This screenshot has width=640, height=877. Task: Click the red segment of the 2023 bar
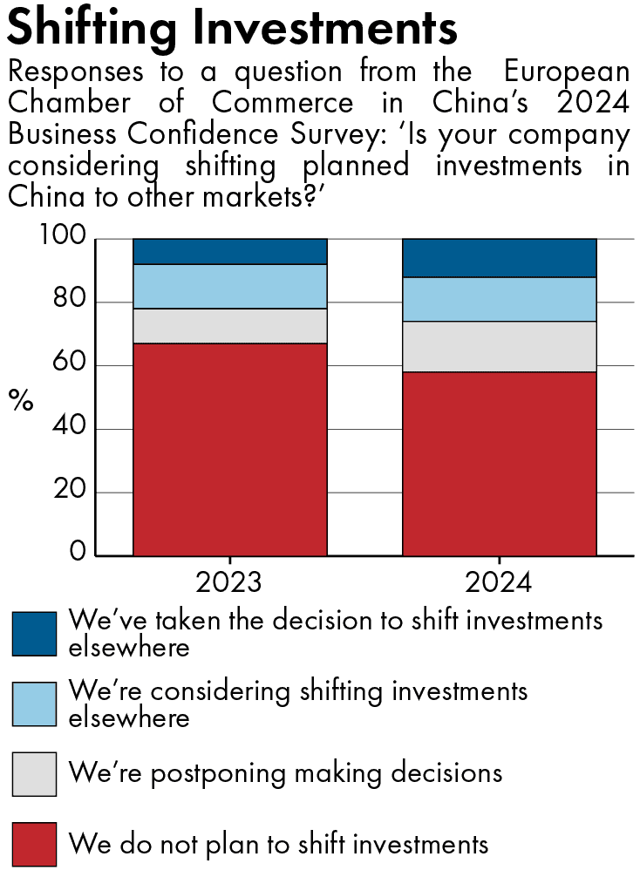(x=229, y=449)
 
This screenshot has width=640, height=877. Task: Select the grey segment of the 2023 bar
(x=229, y=326)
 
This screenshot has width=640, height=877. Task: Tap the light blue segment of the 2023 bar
(x=229, y=286)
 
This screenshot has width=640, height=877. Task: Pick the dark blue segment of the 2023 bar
(x=229, y=251)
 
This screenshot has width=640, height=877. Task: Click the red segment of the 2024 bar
(x=499, y=464)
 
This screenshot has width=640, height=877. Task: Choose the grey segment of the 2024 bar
(x=499, y=347)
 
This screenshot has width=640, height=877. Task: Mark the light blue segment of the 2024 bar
(x=499, y=299)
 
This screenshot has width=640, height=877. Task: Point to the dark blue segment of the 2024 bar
(x=499, y=258)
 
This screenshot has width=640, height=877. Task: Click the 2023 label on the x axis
(x=229, y=581)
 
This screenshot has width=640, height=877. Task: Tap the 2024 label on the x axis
(x=499, y=581)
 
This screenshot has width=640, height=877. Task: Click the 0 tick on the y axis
(x=78, y=554)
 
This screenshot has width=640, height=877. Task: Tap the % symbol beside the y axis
(x=21, y=400)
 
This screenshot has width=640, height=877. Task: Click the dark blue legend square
(x=34, y=634)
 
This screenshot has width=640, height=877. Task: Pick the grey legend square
(x=34, y=774)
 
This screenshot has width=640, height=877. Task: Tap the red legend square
(x=34, y=844)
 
